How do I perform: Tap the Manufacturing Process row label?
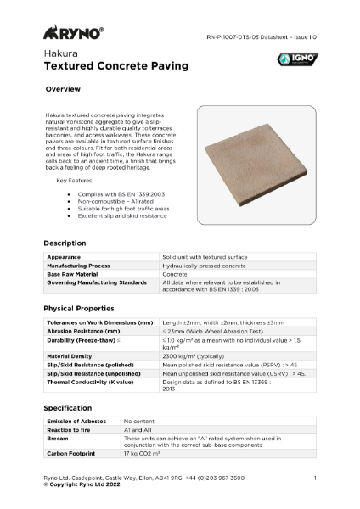[x=81, y=264]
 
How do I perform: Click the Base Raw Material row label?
[x=74, y=272]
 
